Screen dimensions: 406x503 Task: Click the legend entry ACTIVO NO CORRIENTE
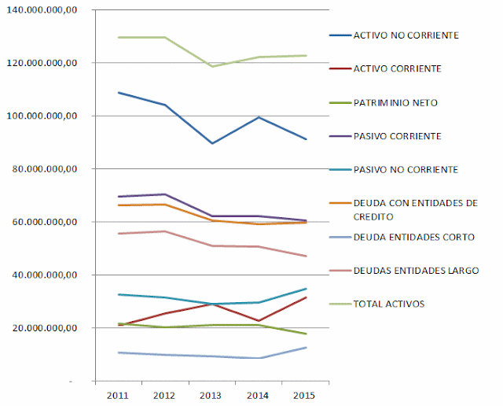[x=406, y=35]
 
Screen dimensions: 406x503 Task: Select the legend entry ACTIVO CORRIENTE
[x=397, y=68]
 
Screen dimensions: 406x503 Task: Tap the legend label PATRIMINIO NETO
[x=396, y=102]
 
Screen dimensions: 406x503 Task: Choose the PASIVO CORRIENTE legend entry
[x=398, y=136]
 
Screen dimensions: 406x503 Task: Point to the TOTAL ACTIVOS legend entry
[x=391, y=304]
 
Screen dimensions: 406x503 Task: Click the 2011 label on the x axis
[x=117, y=393]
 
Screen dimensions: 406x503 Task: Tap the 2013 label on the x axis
[x=211, y=393]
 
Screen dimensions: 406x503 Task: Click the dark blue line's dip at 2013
[x=211, y=143]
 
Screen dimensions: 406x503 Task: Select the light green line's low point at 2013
[x=211, y=66]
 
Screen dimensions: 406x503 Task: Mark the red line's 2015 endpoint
[x=306, y=297]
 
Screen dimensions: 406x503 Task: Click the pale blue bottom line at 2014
[x=259, y=358]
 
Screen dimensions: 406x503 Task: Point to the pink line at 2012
[x=164, y=231]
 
